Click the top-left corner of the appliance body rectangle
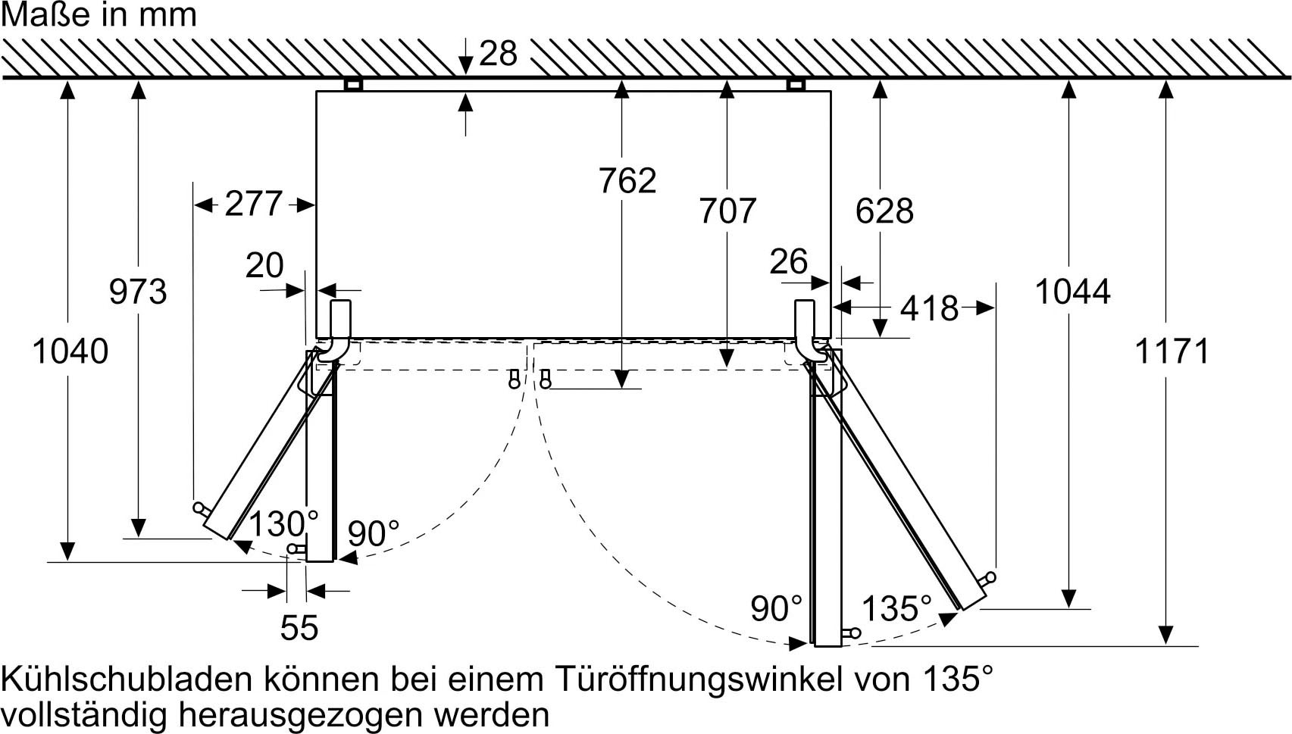(x=317, y=91)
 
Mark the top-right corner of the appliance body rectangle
(x=831, y=91)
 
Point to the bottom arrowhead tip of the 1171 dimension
(x=1165, y=645)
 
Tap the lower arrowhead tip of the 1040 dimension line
(x=67, y=561)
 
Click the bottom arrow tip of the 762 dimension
(x=621, y=388)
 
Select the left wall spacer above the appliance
(x=353, y=85)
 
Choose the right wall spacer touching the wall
(x=796, y=85)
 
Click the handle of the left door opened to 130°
(x=202, y=508)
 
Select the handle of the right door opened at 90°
(x=851, y=633)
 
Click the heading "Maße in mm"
(x=99, y=15)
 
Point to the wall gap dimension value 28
(x=498, y=54)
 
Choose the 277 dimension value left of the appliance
(x=253, y=204)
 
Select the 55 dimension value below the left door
(x=299, y=628)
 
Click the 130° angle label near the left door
(x=283, y=524)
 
